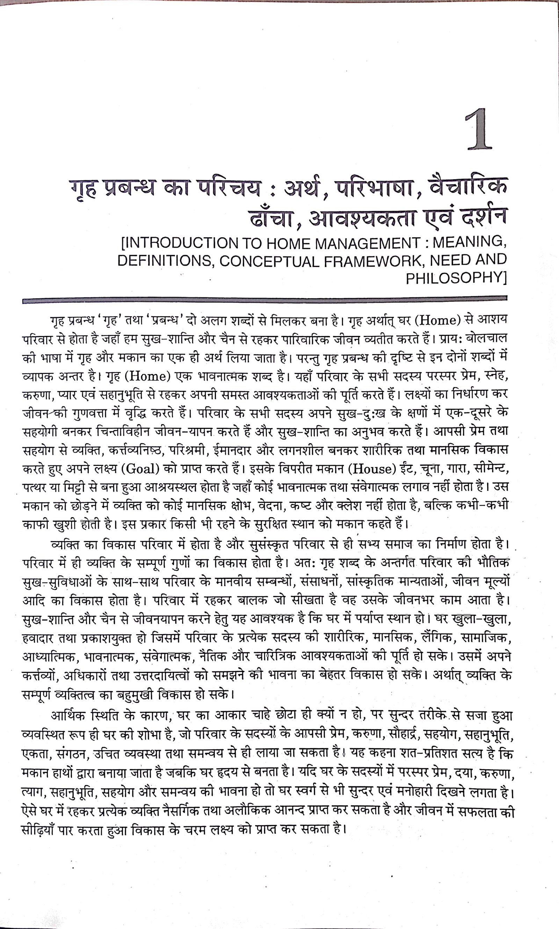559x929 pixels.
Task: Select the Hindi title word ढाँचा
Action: click(271, 218)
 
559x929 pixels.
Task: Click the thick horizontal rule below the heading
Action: click(264, 300)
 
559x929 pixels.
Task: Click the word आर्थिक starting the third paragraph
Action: click(68, 716)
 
